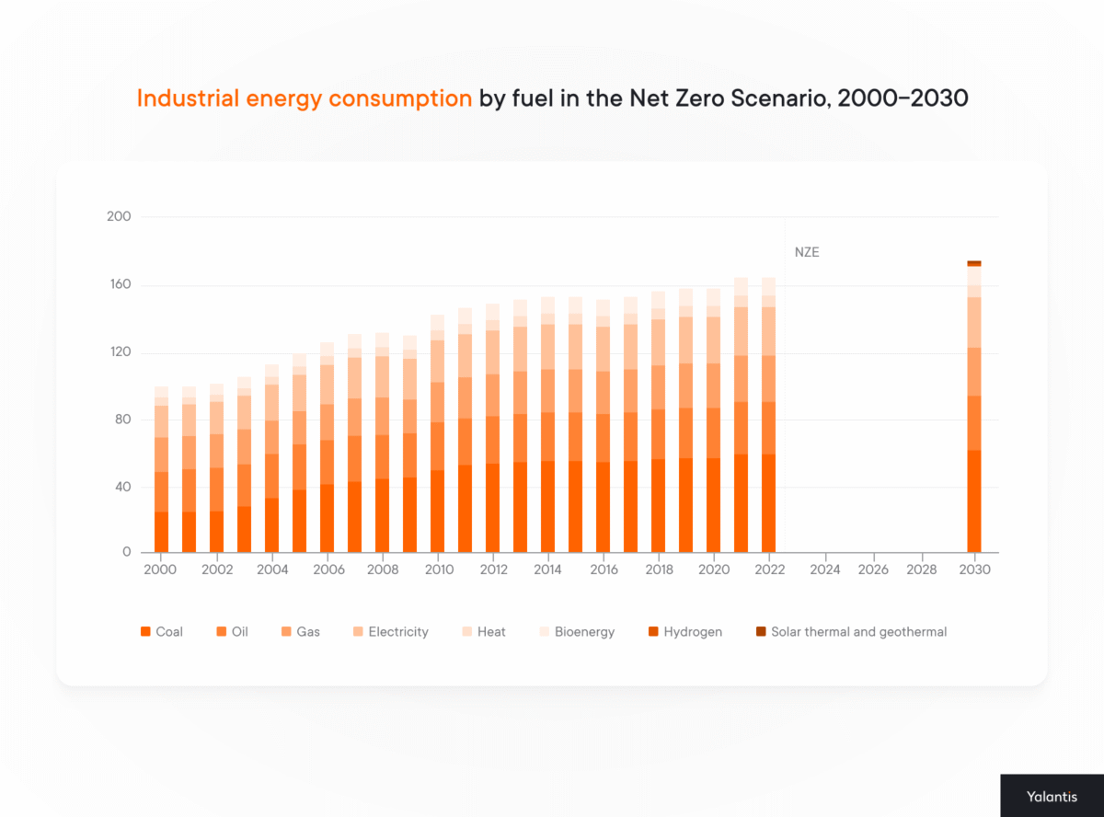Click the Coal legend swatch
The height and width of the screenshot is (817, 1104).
point(145,632)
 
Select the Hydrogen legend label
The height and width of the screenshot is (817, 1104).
point(693,632)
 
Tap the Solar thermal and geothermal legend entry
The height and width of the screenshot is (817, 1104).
point(850,632)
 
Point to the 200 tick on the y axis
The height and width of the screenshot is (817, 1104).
point(121,217)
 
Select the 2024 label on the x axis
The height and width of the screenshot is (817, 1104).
point(825,570)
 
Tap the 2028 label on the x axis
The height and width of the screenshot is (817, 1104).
point(921,570)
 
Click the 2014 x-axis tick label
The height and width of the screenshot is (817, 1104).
point(547,570)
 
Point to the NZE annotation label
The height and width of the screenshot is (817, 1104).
point(807,252)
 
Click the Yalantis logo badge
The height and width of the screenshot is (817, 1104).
point(1052,795)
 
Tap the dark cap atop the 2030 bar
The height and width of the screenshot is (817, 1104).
point(973,263)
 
